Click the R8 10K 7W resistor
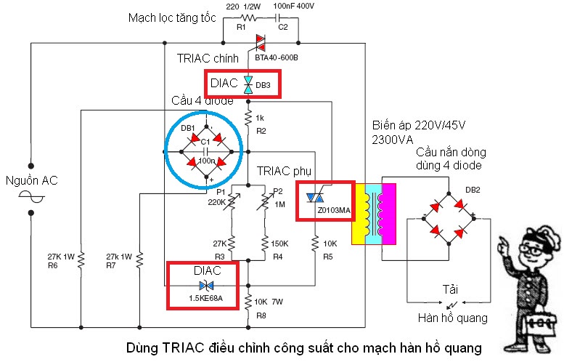(248, 300)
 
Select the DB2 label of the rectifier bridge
(473, 190)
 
